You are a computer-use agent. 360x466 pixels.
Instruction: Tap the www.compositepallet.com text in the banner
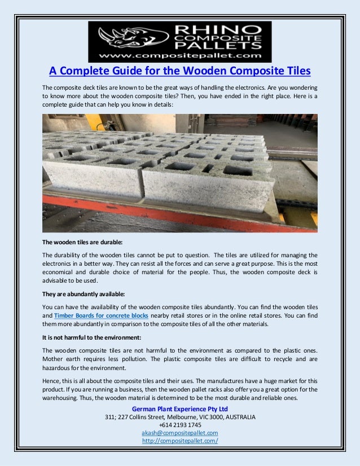tap(181, 56)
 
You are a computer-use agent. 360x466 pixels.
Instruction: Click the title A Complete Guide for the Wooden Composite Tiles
tap(180, 72)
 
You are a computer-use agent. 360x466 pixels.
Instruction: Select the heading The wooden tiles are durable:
tap(82, 242)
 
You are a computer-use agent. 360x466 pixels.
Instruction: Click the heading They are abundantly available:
tap(84, 294)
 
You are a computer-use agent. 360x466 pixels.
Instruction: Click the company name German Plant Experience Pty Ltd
tap(180, 408)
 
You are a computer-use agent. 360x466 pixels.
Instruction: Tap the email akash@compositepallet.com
tap(180, 433)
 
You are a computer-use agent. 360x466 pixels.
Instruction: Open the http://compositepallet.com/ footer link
tap(180, 441)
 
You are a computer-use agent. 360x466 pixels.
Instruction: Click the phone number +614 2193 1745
tap(180, 425)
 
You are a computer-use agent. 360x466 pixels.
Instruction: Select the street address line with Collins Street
tap(180, 417)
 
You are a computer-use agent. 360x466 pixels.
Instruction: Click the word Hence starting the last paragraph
tap(52, 380)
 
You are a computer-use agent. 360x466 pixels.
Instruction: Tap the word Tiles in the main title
tap(297, 72)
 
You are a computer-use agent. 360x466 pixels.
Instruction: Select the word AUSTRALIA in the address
tap(240, 417)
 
